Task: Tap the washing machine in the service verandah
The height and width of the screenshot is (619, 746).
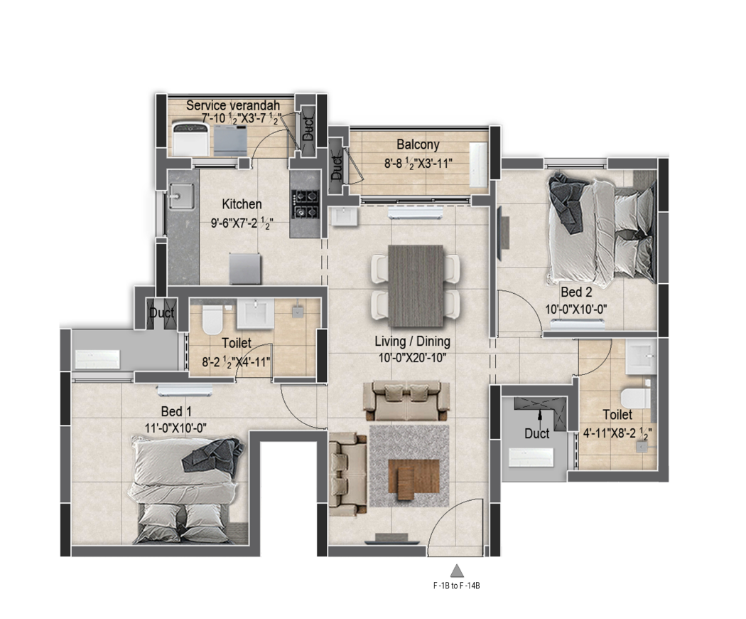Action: click(x=190, y=139)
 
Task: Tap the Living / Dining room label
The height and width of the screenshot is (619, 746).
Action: click(x=412, y=342)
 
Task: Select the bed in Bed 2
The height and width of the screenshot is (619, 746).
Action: click(x=600, y=228)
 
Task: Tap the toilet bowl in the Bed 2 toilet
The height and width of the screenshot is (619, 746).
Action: click(x=634, y=398)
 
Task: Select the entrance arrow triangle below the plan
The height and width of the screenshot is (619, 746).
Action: click(x=457, y=569)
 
